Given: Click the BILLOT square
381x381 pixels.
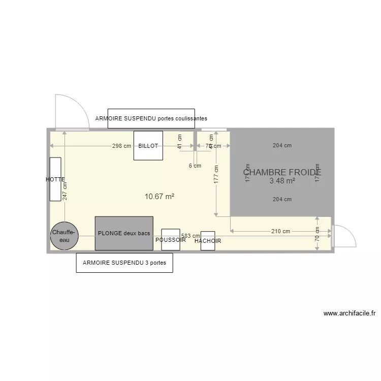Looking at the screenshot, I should (x=148, y=145).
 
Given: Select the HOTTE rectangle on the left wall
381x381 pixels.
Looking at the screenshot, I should (x=55, y=179).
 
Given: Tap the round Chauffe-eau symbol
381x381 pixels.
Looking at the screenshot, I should (x=65, y=236).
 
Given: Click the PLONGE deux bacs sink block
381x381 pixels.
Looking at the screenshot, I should (x=124, y=233).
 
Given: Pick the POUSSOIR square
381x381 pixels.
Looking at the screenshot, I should (x=171, y=240).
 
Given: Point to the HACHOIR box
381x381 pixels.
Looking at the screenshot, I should (x=207, y=241).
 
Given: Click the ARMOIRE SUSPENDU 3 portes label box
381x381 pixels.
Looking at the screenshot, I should (x=124, y=263).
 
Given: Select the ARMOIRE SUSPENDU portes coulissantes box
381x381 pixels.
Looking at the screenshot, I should (x=151, y=118).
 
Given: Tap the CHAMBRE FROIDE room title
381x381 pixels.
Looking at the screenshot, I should (x=282, y=172).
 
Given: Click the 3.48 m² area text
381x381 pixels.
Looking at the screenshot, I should (x=282, y=181).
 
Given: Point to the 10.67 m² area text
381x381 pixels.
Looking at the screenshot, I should (x=160, y=196).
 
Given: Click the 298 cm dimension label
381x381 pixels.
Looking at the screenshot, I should (x=122, y=146).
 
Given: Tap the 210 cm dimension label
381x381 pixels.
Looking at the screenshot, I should (x=280, y=231).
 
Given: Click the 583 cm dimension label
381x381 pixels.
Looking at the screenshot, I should (x=190, y=236).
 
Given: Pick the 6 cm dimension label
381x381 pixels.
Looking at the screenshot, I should (x=195, y=165).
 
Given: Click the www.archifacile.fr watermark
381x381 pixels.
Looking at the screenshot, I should (x=352, y=313).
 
